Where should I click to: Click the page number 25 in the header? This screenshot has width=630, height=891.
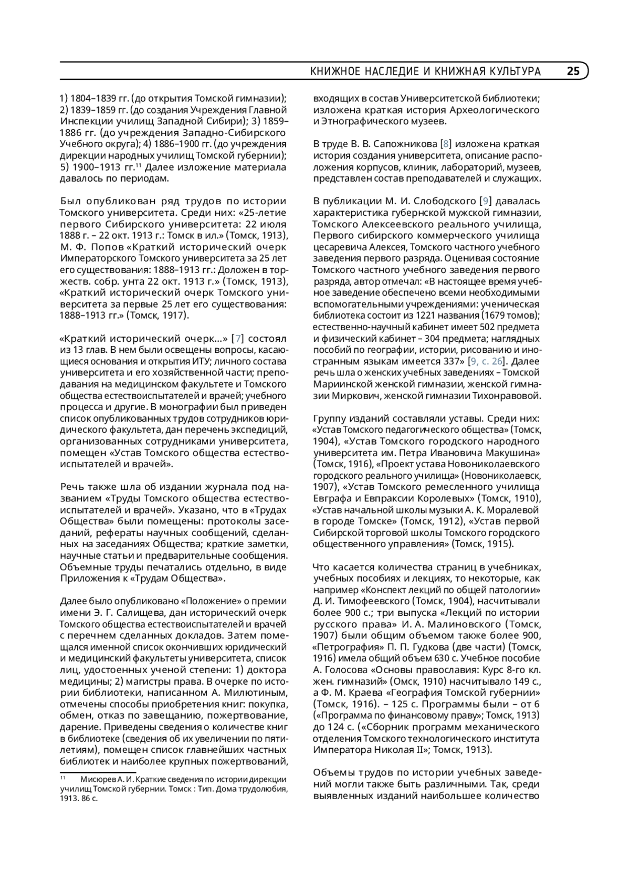pyautogui.click(x=573, y=71)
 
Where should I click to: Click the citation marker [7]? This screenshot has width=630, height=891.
pyautogui.click(x=238, y=339)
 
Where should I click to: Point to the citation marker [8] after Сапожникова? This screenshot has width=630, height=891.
pyautogui.click(x=446, y=144)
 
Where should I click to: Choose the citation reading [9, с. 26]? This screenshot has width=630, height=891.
pyautogui.click(x=488, y=361)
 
